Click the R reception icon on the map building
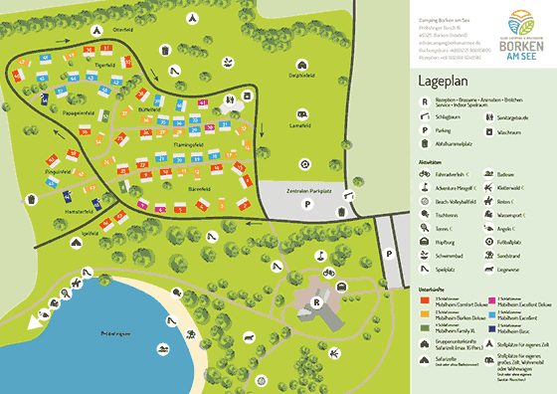point(316,299)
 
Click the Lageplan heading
point(444,86)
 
